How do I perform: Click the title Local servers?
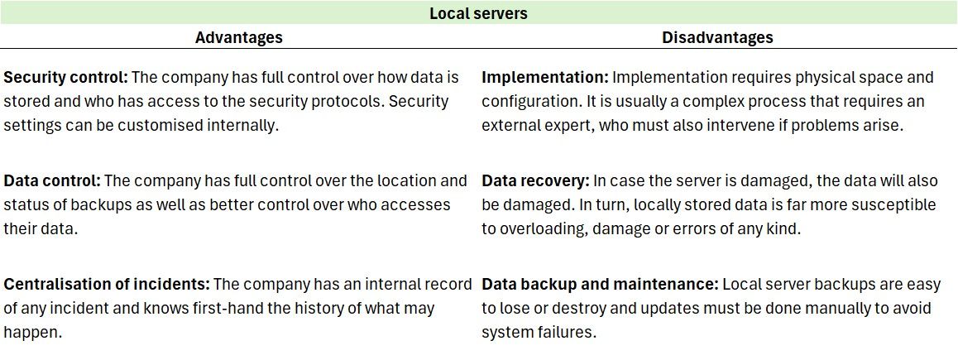(x=478, y=13)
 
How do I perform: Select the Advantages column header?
(x=238, y=37)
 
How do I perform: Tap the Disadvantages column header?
(x=717, y=37)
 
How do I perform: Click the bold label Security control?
(x=65, y=78)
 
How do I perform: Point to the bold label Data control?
(x=52, y=180)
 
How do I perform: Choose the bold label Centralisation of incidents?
(x=106, y=284)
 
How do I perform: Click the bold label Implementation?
(x=544, y=78)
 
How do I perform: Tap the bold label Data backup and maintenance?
(x=600, y=284)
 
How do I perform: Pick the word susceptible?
(x=897, y=204)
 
